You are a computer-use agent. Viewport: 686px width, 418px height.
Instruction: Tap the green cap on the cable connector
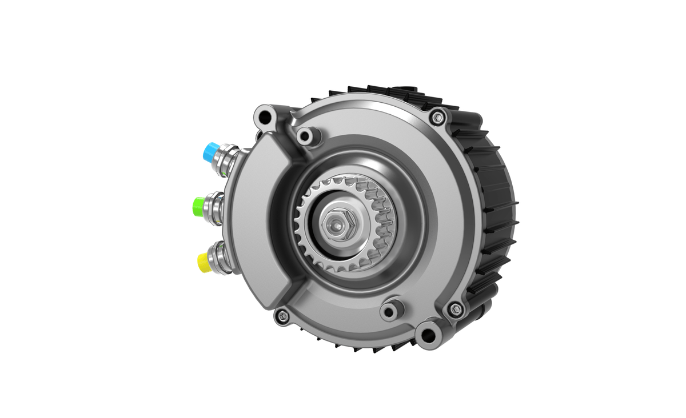tap(200, 206)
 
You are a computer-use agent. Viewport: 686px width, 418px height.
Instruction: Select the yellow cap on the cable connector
tap(204, 262)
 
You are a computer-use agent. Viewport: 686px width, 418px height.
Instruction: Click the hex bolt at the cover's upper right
tap(437, 117)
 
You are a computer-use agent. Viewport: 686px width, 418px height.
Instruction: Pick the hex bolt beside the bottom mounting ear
tap(455, 310)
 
